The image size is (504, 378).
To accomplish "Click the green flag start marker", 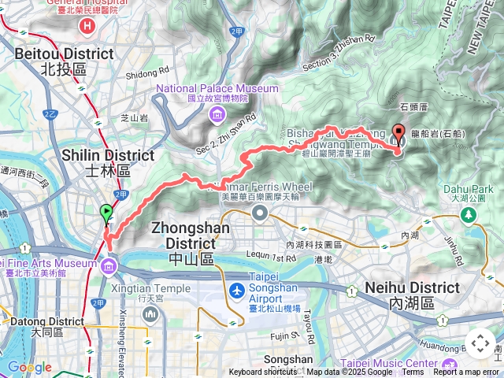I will click(x=106, y=212).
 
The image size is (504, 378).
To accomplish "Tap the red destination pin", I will click(x=398, y=134).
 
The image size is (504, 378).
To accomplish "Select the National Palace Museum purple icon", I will click(x=216, y=117).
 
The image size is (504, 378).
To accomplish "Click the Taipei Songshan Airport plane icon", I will click(x=235, y=291).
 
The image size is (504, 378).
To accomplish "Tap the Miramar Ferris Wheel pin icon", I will click(x=260, y=213).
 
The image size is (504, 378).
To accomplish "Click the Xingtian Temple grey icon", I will click(x=150, y=313).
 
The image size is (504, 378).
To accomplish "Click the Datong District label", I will click(x=46, y=321).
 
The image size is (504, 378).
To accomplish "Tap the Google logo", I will click(x=29, y=367).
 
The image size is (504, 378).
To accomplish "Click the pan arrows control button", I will click(x=480, y=343).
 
